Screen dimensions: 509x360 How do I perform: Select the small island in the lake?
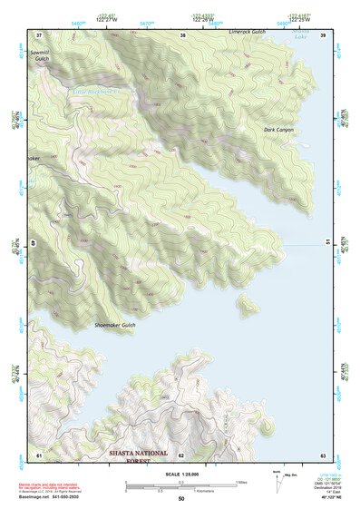coord(246,304)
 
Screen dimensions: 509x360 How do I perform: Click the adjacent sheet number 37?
coord(38,34)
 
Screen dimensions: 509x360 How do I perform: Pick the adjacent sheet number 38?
coord(182,34)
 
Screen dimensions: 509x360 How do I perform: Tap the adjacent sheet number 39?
coord(323,34)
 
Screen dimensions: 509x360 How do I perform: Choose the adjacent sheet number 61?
coord(38,454)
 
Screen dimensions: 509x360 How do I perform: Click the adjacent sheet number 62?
coord(181,454)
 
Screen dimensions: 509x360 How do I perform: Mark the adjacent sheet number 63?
coord(323,454)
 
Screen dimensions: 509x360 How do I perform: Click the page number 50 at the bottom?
coord(181,498)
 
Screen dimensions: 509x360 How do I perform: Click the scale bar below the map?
coord(180,485)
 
